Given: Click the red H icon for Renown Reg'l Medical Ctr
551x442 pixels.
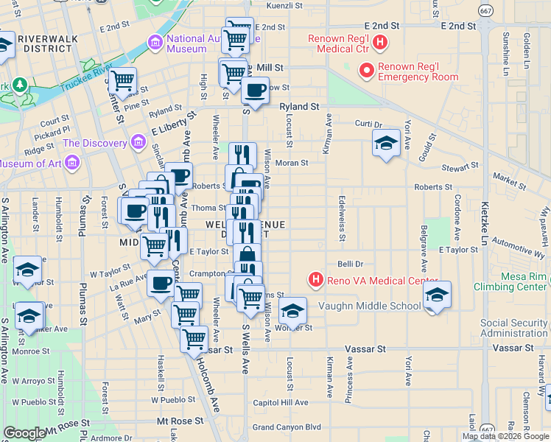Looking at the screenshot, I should [x=379, y=43].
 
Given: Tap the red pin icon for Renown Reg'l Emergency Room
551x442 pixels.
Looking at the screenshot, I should [x=366, y=71].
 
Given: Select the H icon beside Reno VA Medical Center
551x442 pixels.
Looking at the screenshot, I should [x=315, y=280].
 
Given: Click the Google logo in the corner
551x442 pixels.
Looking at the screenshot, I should [x=24, y=433].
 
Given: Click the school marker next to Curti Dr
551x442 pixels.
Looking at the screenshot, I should [x=385, y=144].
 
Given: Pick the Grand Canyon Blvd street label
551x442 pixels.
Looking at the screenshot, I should [x=287, y=427].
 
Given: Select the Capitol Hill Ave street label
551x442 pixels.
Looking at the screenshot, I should [x=280, y=402].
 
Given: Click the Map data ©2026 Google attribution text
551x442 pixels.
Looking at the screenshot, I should [x=505, y=436].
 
